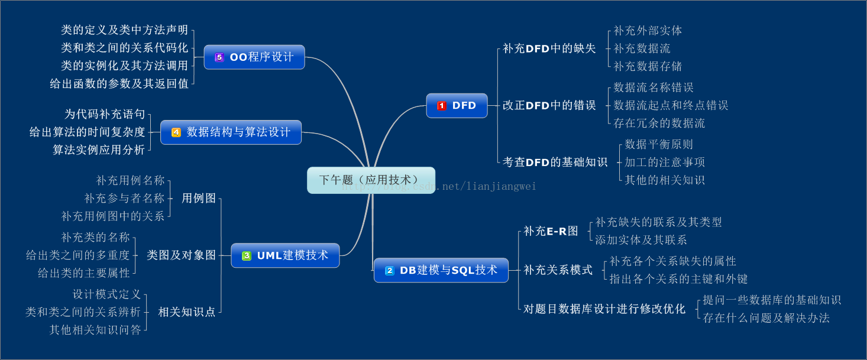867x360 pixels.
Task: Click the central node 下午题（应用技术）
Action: pyautogui.click(x=371, y=180)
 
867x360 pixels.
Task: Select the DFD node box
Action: pyautogui.click(x=457, y=106)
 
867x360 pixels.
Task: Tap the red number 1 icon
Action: pyautogui.click(x=442, y=106)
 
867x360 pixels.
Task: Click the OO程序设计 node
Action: pyautogui.click(x=254, y=57)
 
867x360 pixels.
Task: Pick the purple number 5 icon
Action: pyautogui.click(x=219, y=57)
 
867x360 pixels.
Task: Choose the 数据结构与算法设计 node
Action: pyautogui.click(x=231, y=132)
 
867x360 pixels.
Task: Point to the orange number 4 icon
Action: pyautogui.click(x=176, y=132)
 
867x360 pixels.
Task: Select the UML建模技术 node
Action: pyautogui.click(x=285, y=255)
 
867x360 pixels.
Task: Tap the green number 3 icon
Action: pyautogui.click(x=247, y=255)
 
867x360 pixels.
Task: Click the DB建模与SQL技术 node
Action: pyautogui.click(x=441, y=270)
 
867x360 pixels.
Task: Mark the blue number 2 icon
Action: pyautogui.click(x=390, y=270)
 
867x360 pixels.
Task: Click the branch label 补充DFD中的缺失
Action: pyautogui.click(x=549, y=48)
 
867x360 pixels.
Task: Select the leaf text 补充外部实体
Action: pyautogui.click(x=648, y=31)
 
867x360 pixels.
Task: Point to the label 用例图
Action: pyautogui.click(x=199, y=199)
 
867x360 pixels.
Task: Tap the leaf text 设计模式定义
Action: pyautogui.click(x=107, y=294)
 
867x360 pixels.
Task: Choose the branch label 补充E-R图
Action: pyautogui.click(x=551, y=231)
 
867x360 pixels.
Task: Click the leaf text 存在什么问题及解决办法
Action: pyautogui.click(x=766, y=318)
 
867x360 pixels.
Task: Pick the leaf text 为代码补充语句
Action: pyautogui.click(x=105, y=114)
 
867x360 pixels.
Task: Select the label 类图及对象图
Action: pyautogui.click(x=181, y=255)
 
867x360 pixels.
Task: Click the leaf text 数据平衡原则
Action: pyautogui.click(x=659, y=144)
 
